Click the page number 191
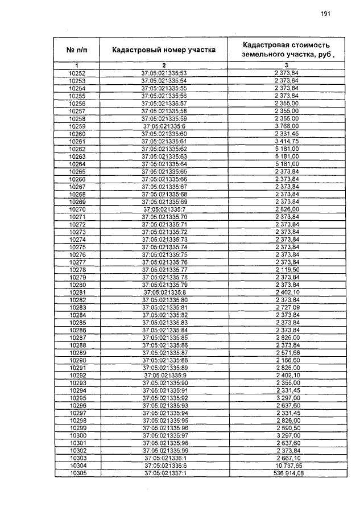tap(325, 14)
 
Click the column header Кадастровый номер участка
tap(164, 50)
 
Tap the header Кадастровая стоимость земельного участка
tap(286, 50)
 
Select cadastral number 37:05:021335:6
tap(164, 126)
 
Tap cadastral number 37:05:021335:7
tap(164, 209)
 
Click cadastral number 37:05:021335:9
tap(164, 375)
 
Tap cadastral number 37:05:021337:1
tap(164, 473)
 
